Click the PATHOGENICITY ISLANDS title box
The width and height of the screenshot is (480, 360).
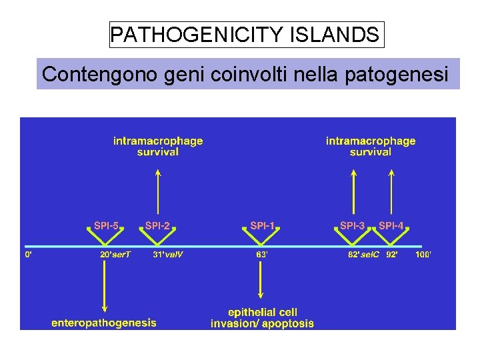247,35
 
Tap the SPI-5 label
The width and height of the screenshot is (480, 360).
106,226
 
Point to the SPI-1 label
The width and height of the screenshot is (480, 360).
262,226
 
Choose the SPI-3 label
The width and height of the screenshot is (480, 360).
353,226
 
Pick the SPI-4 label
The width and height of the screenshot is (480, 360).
391,226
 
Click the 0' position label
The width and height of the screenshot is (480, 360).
29,255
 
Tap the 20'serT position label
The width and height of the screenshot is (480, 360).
115,255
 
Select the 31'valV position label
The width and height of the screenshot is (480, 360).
168,255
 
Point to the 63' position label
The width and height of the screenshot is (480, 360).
262,255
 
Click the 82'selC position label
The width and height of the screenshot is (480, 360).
363,255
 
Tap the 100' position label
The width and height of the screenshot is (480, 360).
423,255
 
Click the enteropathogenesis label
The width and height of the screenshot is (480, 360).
104,323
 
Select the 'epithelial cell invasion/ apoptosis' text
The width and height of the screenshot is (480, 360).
262,318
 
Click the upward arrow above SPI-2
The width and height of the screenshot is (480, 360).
158,193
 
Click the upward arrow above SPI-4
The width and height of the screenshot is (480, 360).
391,193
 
